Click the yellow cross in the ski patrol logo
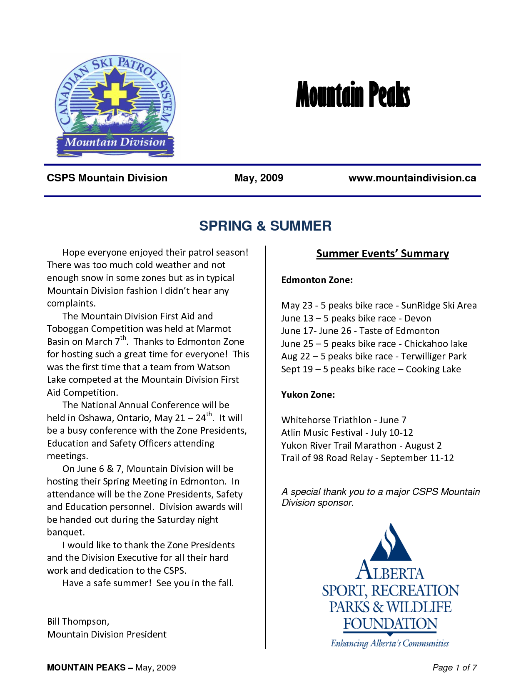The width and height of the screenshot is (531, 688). pos(115,95)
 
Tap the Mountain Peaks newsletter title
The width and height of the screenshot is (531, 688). pos(353,95)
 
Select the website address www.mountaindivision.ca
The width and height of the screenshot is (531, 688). pos(412,178)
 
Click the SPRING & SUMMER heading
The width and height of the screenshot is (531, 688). pos(265,226)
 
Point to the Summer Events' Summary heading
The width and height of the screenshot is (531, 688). pos(382,254)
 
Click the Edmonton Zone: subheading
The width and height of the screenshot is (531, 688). pos(317,280)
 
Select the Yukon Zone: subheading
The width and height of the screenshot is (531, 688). pos(308,394)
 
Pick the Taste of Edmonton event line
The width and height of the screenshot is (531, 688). pos(360,331)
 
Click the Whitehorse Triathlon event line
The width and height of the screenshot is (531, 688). pos(344,420)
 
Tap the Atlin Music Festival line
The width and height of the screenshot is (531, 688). pos(347,432)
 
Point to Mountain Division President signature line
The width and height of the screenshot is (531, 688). pos(107,634)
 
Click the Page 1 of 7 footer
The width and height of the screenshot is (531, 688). pos(454,668)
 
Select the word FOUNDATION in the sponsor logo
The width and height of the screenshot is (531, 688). pos(390,624)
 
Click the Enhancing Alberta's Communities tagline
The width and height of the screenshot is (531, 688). pos(390,643)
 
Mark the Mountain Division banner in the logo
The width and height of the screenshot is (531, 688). pos(115,143)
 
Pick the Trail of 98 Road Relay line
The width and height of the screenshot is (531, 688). pos(367,458)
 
